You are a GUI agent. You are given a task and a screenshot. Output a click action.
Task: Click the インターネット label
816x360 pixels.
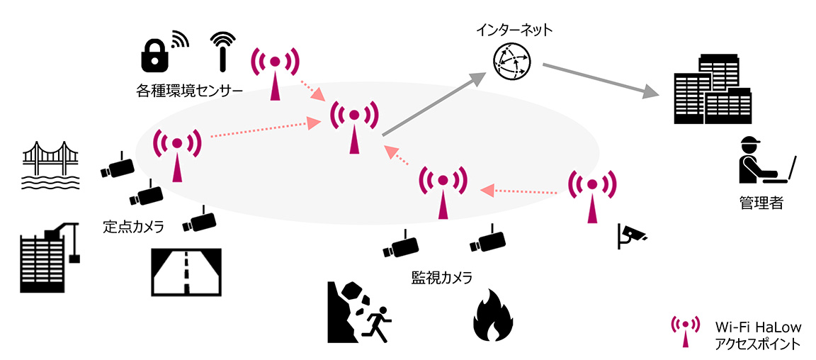click(x=514, y=30)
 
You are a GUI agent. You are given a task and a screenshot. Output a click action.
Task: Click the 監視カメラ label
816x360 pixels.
click(x=441, y=276)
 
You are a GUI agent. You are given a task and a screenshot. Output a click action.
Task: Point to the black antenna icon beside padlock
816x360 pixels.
click(x=222, y=50)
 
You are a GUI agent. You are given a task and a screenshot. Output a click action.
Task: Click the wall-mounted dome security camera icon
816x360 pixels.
click(x=630, y=236)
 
